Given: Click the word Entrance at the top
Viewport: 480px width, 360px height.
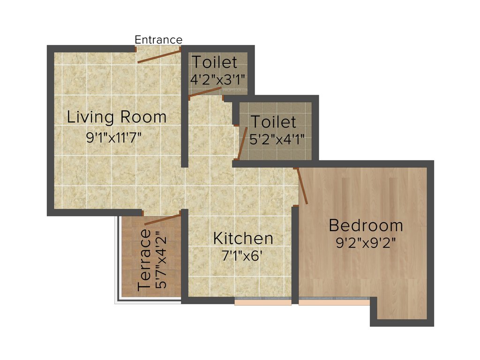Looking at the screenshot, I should pos(158,39).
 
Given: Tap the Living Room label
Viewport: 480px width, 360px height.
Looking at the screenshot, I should pos(117,117).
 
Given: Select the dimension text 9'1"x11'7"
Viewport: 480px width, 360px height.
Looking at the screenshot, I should pos(114,137).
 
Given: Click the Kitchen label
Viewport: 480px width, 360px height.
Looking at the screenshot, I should pos(243,238).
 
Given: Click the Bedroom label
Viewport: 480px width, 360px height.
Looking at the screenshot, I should pos(366,225).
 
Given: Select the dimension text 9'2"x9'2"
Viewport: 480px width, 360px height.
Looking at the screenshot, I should pos(366,244).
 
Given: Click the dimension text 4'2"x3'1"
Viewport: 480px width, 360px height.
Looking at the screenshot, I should pos(217,79).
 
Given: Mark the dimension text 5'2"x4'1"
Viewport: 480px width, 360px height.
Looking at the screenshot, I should pos(277,139).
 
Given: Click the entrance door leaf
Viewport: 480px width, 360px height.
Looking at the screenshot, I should pos(159,55).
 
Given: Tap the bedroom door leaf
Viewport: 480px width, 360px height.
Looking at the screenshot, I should pos(302,186).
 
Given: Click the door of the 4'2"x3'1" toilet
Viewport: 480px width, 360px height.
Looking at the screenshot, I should pos(205,92).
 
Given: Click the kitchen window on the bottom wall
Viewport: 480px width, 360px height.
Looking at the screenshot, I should pos(263,302).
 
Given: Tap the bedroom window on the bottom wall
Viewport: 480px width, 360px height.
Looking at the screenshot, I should pos(334,302).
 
